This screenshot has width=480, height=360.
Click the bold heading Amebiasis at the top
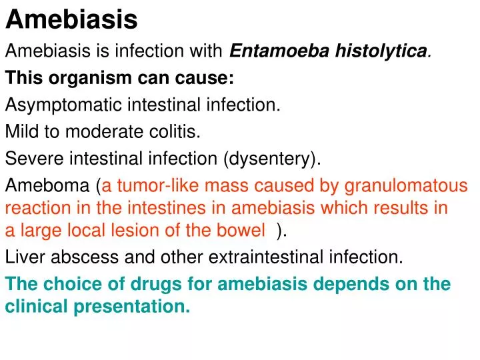coord(71,20)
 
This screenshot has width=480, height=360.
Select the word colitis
coord(177,132)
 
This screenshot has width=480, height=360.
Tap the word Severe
coord(31,159)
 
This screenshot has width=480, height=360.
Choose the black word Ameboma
coord(47,186)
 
